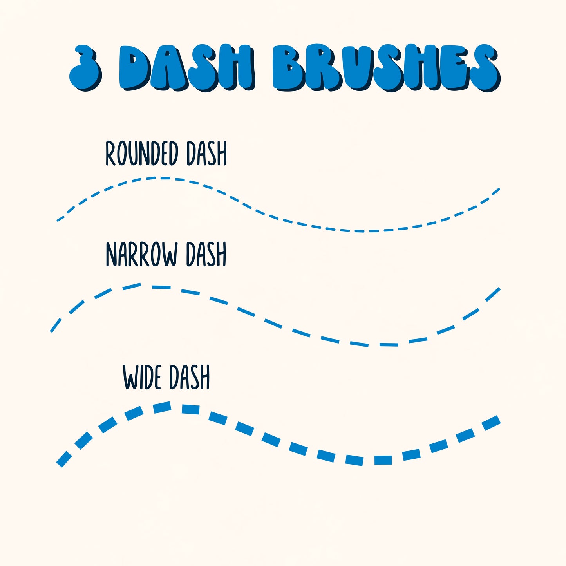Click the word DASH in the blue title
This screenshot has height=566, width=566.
(186, 67)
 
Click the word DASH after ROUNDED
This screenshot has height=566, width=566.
(206, 154)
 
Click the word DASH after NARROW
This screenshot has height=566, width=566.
(206, 255)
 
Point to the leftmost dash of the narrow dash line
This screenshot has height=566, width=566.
(56, 325)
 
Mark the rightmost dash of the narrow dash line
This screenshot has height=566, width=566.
(493, 295)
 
